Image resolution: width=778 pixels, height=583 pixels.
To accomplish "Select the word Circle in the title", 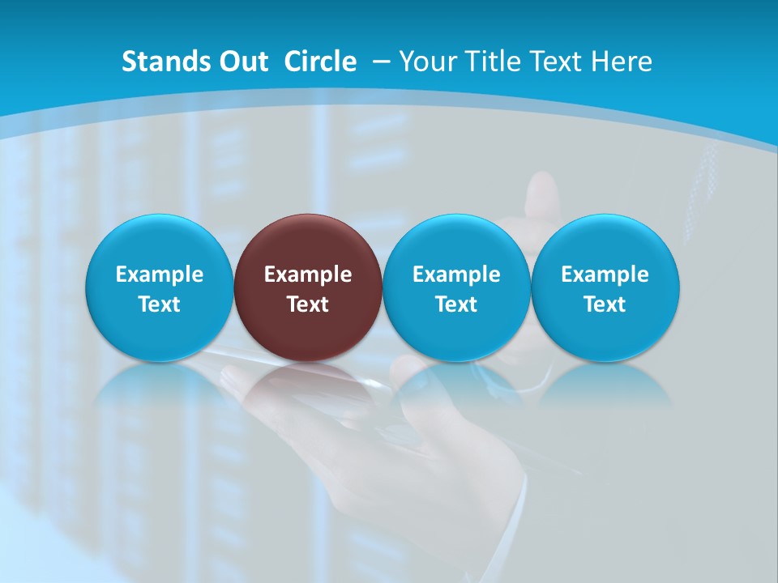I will point(320,62).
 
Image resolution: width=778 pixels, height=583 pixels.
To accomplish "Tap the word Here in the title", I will point(622,62).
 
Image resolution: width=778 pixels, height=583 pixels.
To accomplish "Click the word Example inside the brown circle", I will point(308,274).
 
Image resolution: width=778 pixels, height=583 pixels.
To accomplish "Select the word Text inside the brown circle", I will point(308,304).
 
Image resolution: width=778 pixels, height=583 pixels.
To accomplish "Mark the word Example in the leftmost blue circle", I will point(160,274).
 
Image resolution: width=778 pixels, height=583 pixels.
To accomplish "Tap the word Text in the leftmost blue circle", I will point(160,304).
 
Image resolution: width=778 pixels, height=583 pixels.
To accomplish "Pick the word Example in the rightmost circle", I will point(605,274).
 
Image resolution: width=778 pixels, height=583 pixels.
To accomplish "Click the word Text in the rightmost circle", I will point(605,304).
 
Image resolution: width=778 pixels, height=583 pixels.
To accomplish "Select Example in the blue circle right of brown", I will point(456,274).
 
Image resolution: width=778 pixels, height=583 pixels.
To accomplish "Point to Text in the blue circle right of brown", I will point(456,304).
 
